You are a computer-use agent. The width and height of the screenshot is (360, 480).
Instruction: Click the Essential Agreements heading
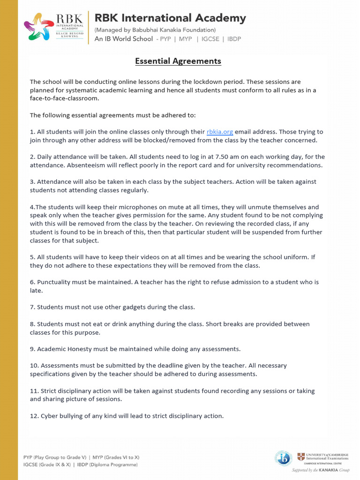178,61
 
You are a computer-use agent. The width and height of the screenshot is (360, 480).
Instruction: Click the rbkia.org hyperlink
220,132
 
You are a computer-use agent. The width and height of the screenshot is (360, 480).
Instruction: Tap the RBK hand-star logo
39,27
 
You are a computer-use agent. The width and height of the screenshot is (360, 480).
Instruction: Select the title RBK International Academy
170,18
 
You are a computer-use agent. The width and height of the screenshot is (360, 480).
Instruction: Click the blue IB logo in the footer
283,458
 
